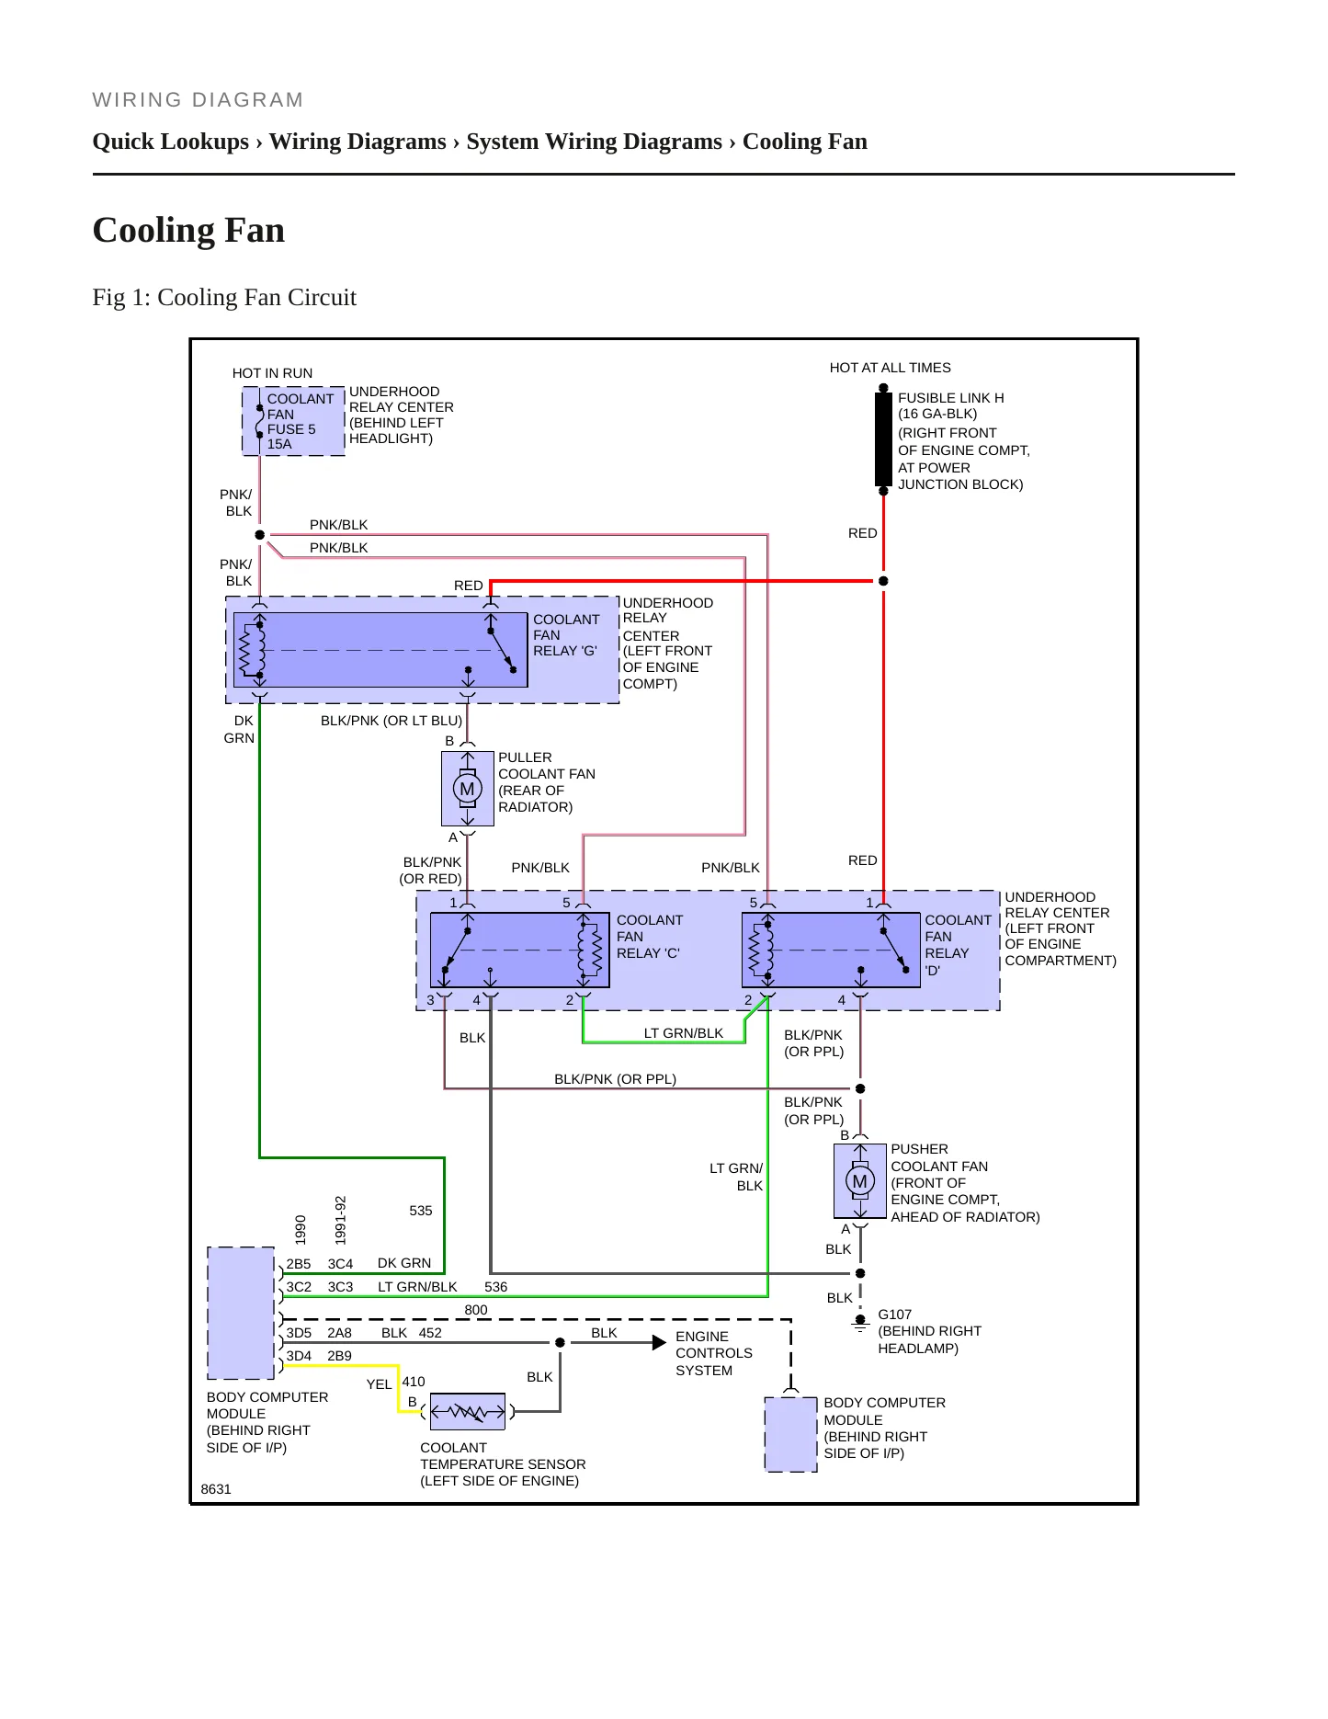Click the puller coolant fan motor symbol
468,789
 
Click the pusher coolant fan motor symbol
860,1181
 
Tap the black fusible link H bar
883,439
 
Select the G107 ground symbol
860,1323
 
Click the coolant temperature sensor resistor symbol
468,1412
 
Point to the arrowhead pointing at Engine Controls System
659,1343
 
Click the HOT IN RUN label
272,373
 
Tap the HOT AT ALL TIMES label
890,368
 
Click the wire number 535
421,1211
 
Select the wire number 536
496,1287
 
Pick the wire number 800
476,1310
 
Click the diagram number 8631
216,1489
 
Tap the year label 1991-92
340,1220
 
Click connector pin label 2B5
299,1264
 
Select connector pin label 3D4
299,1356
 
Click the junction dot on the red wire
883,581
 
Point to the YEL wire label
379,1384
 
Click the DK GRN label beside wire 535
404,1263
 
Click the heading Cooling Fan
188,230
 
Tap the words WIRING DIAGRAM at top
198,100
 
